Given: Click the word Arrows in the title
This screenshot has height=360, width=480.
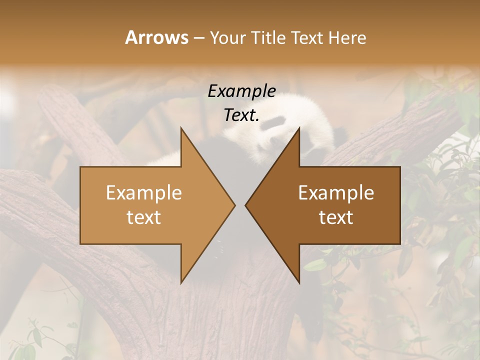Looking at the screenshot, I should (x=156, y=37).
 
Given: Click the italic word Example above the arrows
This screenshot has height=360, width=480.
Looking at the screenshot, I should (x=241, y=91).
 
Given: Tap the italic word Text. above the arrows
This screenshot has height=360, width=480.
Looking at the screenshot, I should (x=241, y=115).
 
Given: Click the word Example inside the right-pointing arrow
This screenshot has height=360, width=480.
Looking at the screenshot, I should (x=144, y=192).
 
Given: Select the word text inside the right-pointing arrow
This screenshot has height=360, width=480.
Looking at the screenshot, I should (x=144, y=217).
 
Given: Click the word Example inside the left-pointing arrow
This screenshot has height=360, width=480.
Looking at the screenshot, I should (x=336, y=192).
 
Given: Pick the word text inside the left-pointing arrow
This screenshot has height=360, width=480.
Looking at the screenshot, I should (x=336, y=217).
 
